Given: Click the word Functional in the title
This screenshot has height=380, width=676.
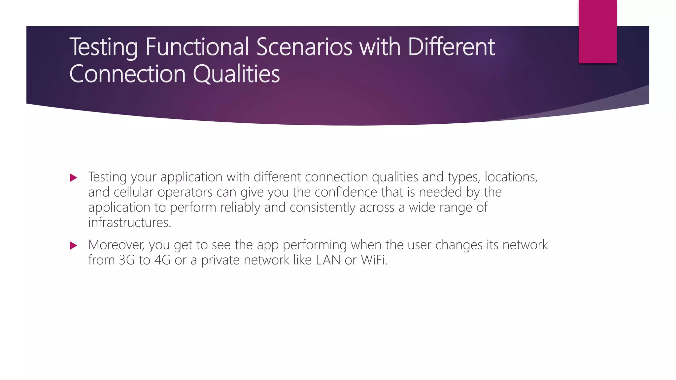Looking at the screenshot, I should pos(197,47).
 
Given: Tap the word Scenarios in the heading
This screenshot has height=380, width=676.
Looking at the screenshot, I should pos(304,47).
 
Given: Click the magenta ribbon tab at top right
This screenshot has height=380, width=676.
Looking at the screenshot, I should pos(597,32).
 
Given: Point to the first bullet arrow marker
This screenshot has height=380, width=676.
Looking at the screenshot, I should pos(74,178).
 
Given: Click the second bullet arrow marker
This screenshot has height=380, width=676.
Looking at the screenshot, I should pos(74,246).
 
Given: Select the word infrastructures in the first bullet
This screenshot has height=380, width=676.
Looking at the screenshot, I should pos(129,223).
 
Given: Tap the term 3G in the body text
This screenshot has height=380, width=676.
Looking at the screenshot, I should pos(127,260).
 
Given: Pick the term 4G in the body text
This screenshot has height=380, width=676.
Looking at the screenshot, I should pos(162,260).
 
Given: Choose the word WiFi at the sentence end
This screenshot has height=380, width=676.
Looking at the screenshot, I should pos(373,260).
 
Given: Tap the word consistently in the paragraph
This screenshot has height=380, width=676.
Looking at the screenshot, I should pos(322,207).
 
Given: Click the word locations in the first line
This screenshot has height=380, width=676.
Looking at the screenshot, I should pos(510,177).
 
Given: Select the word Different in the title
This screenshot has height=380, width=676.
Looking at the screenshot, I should pos(451,47).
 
